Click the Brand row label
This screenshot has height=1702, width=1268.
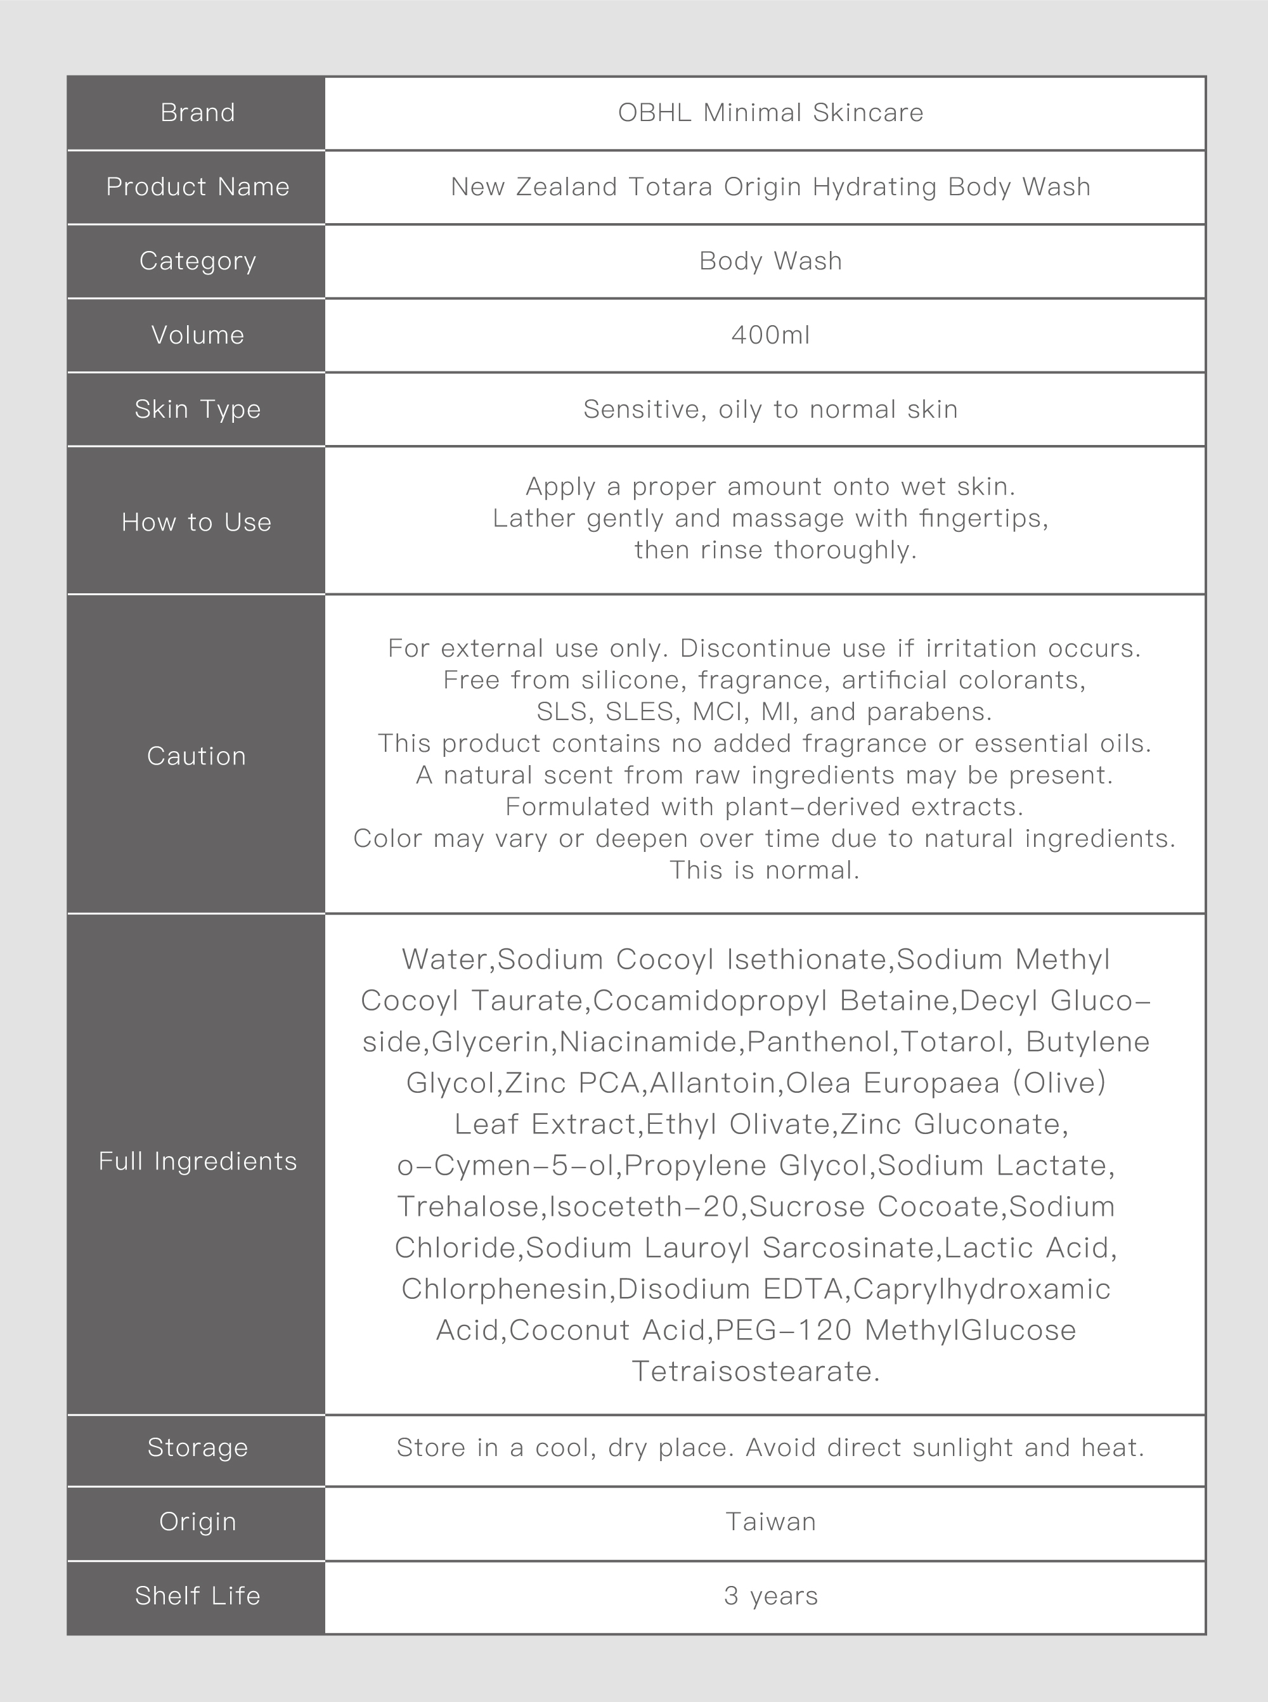click(197, 113)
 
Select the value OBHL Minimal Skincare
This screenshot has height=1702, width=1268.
click(770, 113)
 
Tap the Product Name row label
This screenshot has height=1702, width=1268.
click(197, 187)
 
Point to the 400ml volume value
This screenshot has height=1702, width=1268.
click(770, 335)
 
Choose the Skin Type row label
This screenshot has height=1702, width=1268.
click(197, 409)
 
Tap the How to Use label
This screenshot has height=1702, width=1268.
click(197, 522)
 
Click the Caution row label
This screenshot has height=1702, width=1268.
click(197, 757)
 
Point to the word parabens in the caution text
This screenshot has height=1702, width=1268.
click(929, 712)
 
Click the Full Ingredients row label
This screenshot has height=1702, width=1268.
click(197, 1162)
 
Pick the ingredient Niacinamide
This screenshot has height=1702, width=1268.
click(649, 1042)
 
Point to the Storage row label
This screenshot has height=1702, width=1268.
click(197, 1448)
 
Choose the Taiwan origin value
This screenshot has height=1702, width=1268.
click(770, 1523)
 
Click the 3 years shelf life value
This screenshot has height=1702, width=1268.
click(770, 1597)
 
